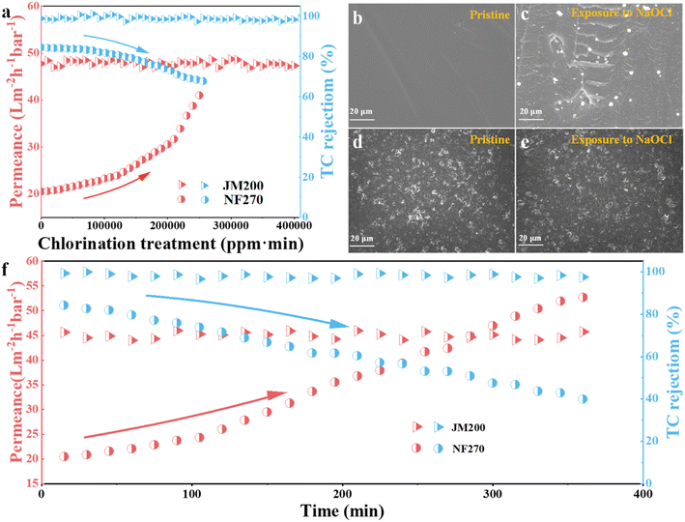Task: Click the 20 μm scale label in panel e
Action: [x=535, y=238]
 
